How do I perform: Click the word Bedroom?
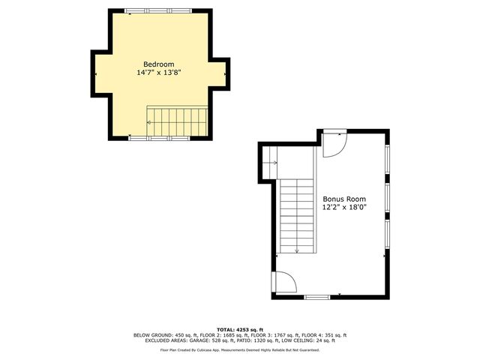pos(159,64)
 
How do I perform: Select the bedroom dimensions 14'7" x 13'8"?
pos(159,73)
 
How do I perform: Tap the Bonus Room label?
pos(344,199)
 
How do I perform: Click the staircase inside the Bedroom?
pos(176,120)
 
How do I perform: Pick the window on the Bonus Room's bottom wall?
pos(316,298)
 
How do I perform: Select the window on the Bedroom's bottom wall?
pos(158,138)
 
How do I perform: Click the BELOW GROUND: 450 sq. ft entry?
pos(161,334)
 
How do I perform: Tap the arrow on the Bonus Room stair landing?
pos(271,162)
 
